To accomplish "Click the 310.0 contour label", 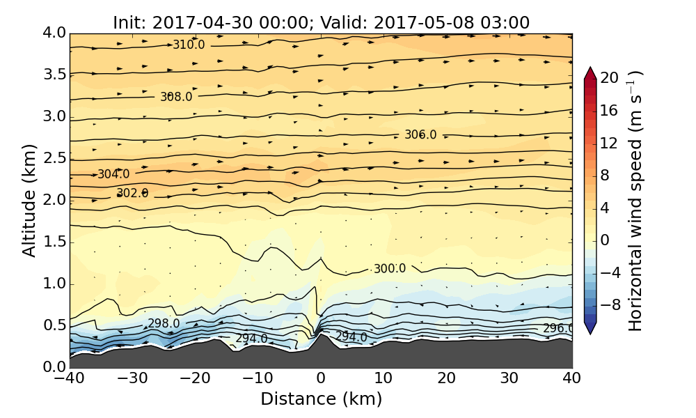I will pyautogui.click(x=189, y=45).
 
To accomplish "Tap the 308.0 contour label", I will pyautogui.click(x=176, y=97).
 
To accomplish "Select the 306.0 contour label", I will pyautogui.click(x=420, y=135).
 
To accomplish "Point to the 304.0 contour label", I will pyautogui.click(x=113, y=174).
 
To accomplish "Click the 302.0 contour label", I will pyautogui.click(x=132, y=193).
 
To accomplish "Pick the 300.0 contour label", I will pyautogui.click(x=390, y=269).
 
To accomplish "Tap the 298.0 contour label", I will pyautogui.click(x=164, y=324).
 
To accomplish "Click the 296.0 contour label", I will pyautogui.click(x=557, y=329).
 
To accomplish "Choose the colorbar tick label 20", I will pyautogui.click(x=609, y=79).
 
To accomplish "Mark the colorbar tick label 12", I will pyautogui.click(x=609, y=144).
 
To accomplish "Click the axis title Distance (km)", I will pyautogui.click(x=321, y=399).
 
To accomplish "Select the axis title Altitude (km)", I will pyautogui.click(x=29, y=200).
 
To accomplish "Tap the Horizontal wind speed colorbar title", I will pyautogui.click(x=635, y=201).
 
